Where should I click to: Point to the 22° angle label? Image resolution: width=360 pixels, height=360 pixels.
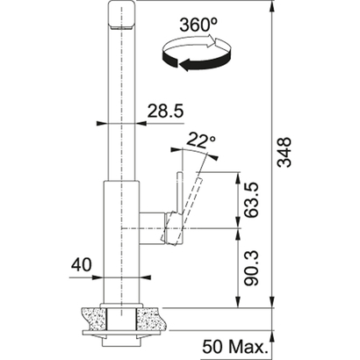pos(202,140)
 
